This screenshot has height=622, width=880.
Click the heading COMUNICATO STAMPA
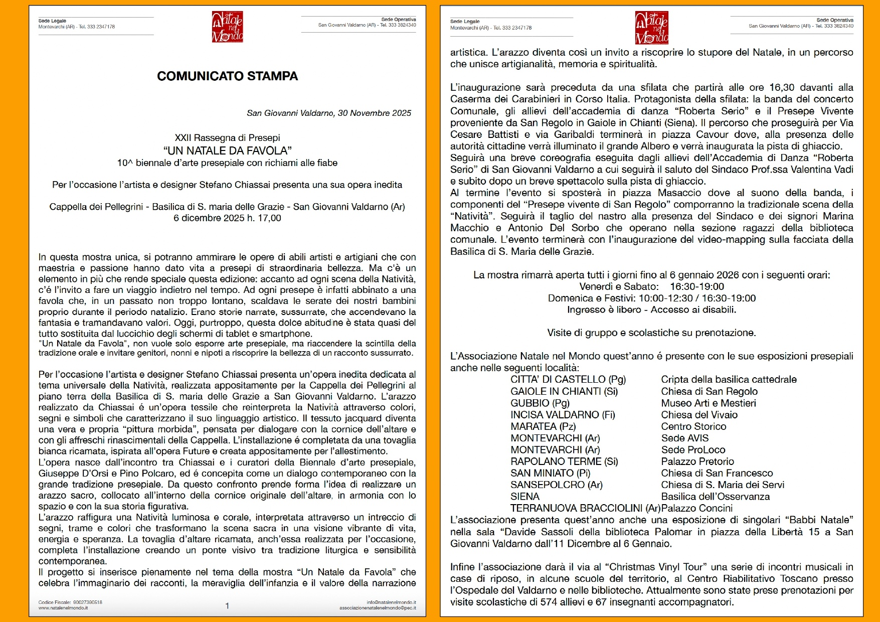(x=227, y=76)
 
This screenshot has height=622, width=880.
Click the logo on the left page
(x=227, y=27)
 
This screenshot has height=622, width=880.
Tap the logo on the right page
(x=651, y=28)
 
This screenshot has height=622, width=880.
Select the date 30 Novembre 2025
(x=374, y=113)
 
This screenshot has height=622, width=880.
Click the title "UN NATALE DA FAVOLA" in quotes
(x=227, y=150)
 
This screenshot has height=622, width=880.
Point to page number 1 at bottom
(x=227, y=606)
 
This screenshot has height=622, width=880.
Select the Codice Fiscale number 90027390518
(x=88, y=602)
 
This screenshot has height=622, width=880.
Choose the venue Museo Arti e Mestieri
(x=709, y=403)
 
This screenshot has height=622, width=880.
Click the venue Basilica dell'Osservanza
(x=715, y=497)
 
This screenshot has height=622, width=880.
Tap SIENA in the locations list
(x=525, y=497)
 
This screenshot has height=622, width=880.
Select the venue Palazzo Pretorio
(x=697, y=461)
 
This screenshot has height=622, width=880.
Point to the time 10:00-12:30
(x=665, y=298)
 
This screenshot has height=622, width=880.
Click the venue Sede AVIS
(x=684, y=438)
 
